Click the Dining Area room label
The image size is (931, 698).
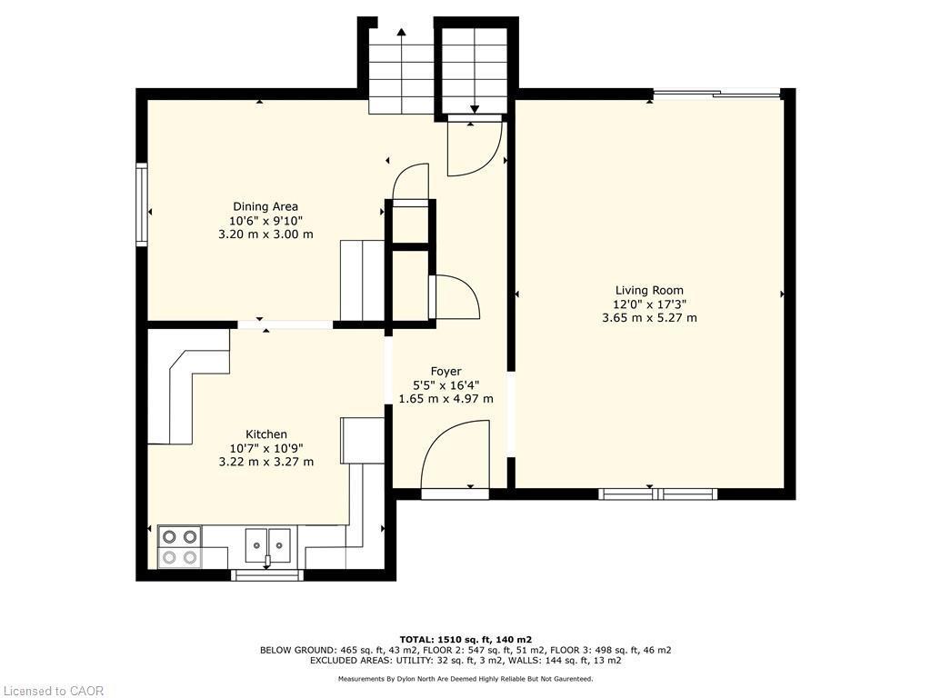pyautogui.click(x=265, y=206)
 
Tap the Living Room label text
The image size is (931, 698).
pyautogui.click(x=649, y=291)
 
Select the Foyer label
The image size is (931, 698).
pyautogui.click(x=445, y=371)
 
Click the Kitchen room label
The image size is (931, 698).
pyautogui.click(x=266, y=434)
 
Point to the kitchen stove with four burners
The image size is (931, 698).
pyautogui.click(x=179, y=547)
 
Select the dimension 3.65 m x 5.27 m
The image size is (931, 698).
pyautogui.click(x=649, y=318)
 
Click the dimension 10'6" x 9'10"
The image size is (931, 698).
pyautogui.click(x=265, y=220)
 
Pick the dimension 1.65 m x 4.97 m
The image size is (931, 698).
pyautogui.click(x=445, y=398)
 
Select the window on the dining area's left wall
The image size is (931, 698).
pyautogui.click(x=142, y=204)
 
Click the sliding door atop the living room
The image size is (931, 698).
pyautogui.click(x=716, y=93)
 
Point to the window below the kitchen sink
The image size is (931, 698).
pyautogui.click(x=267, y=574)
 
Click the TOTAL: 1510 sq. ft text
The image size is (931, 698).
pyautogui.click(x=465, y=639)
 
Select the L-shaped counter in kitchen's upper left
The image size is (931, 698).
pyautogui.click(x=188, y=382)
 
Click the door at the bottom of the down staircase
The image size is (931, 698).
pyautogui.click(x=474, y=145)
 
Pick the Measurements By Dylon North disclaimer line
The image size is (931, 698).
pyautogui.click(x=465, y=679)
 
